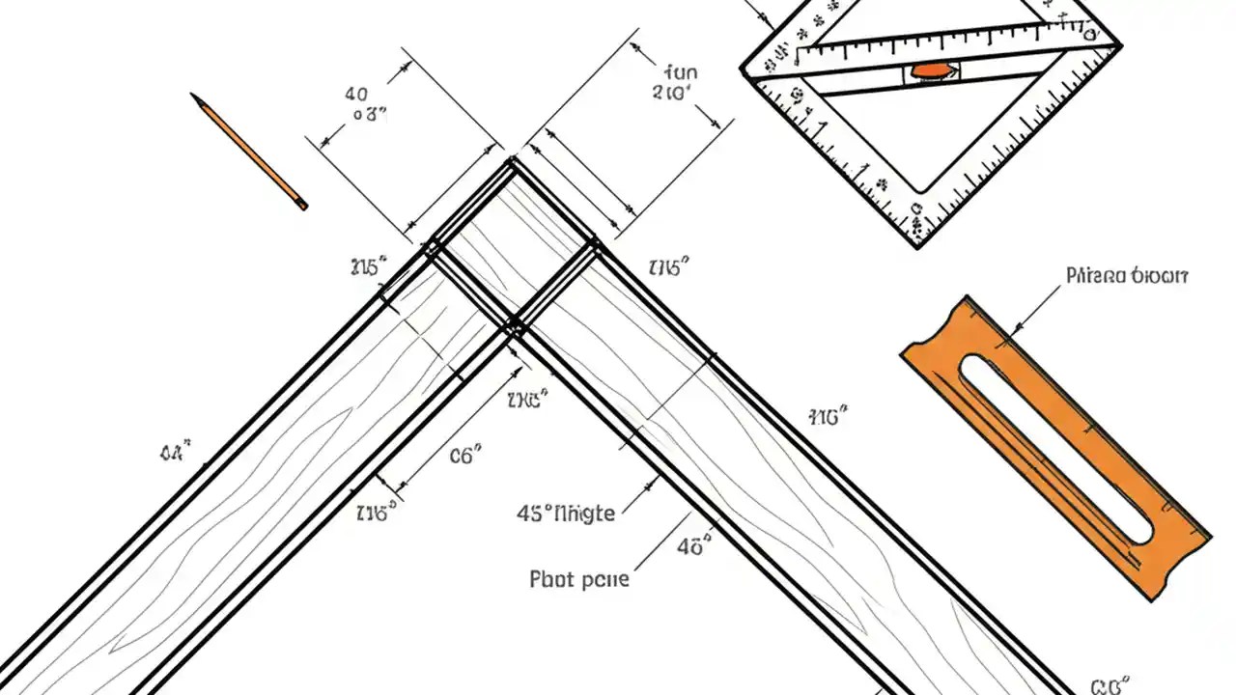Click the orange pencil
click(x=249, y=152)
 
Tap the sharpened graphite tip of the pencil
click(x=194, y=97)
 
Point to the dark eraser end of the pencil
click(x=302, y=205)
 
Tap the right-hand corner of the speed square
click(x=1119, y=44)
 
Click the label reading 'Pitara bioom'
click(x=1126, y=276)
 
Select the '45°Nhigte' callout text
click(x=566, y=514)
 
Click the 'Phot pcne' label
click(x=579, y=579)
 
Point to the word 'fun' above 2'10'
click(x=681, y=71)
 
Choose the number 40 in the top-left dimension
click(x=355, y=94)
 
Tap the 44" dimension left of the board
click(x=175, y=451)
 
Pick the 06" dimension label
click(x=465, y=456)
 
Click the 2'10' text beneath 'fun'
click(x=673, y=94)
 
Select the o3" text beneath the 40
click(x=369, y=115)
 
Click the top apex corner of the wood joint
click(x=512, y=160)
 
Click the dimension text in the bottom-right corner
click(x=1112, y=686)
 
